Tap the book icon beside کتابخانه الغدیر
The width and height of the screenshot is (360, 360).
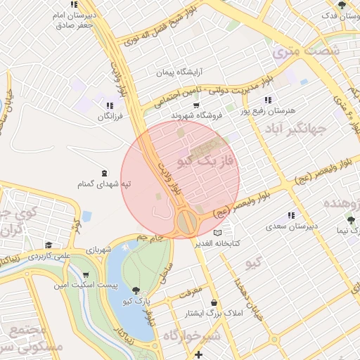[218, 232]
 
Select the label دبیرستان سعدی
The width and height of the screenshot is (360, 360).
[290, 227]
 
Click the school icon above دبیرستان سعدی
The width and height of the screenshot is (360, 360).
[290, 216]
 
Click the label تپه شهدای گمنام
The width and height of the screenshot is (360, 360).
[105, 184]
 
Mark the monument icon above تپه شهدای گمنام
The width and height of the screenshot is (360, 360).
[105, 173]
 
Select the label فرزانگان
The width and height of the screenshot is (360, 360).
[110, 115]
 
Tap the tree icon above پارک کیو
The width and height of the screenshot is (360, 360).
[136, 290]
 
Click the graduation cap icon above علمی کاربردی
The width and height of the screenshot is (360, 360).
[49, 245]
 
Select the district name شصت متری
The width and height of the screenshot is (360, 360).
[306, 51]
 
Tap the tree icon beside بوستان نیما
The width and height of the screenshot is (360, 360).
[351, 220]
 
